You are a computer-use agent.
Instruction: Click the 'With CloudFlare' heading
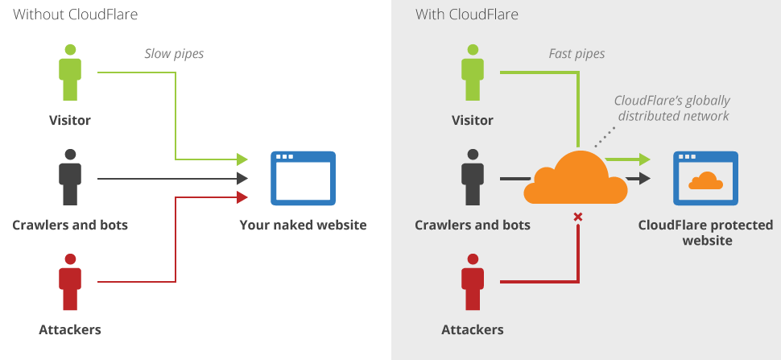tap(467, 14)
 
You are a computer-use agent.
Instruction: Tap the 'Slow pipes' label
tap(174, 54)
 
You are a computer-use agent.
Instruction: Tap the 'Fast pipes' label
tap(576, 54)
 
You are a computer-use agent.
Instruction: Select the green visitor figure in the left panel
tap(70, 74)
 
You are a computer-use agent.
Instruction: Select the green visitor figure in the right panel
tap(473, 74)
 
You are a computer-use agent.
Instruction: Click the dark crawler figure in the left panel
tap(70, 178)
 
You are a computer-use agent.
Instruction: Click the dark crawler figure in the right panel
tap(473, 178)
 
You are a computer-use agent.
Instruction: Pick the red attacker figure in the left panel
tap(70, 282)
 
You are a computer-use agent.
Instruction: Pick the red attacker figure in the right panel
tap(473, 282)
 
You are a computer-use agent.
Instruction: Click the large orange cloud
tap(575, 179)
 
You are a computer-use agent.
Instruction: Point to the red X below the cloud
tap(577, 217)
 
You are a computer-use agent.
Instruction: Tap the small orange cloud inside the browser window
tap(705, 181)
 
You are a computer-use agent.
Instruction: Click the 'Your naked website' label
tap(303, 225)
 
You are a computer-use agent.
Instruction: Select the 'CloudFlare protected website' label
tap(705, 232)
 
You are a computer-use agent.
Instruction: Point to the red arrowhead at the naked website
tap(242, 197)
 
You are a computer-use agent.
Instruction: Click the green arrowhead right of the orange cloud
tap(643, 159)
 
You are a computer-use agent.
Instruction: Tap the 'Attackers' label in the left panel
tap(70, 329)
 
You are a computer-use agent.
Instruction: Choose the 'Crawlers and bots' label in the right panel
tap(473, 225)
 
